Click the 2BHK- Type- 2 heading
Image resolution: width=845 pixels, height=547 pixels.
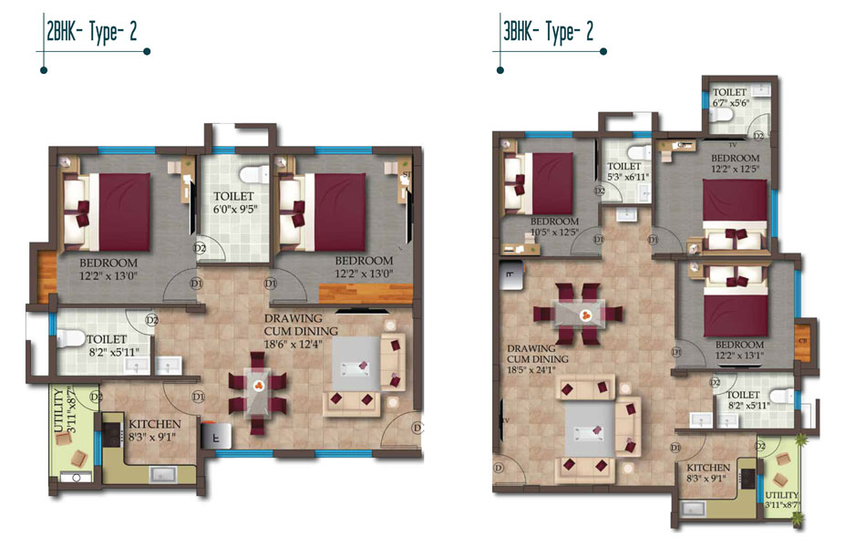point(92,33)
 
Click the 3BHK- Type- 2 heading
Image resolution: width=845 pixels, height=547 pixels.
point(549,33)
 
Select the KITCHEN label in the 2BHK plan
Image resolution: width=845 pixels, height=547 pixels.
point(154,424)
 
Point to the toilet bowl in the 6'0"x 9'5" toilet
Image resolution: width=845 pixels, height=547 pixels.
point(249,174)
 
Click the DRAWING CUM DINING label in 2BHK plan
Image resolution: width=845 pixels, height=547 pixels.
point(300,324)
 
